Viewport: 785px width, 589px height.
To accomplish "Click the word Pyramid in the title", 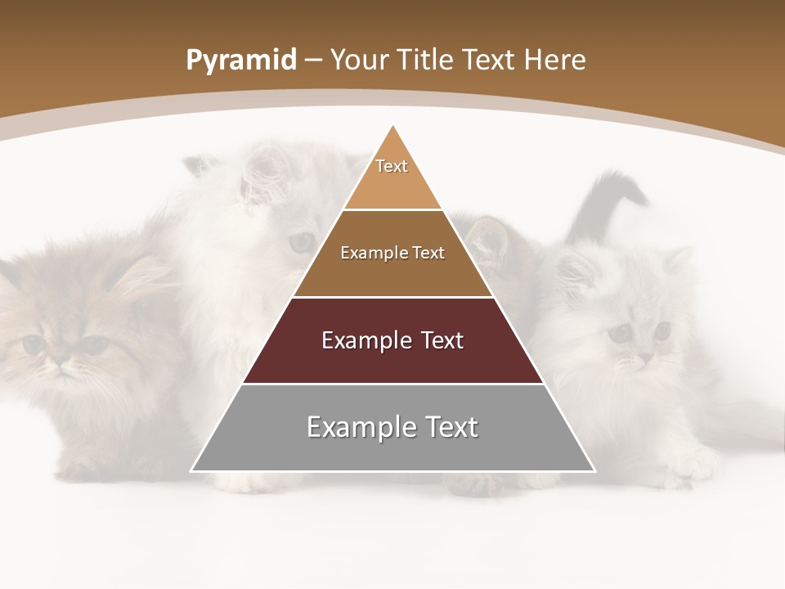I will (241, 61).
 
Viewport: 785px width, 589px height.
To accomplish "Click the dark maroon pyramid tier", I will (392, 360).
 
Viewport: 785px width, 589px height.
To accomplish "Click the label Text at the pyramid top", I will (392, 166).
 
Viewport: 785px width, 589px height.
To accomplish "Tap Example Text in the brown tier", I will (392, 253).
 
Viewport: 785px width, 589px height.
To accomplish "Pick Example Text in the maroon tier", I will (392, 340).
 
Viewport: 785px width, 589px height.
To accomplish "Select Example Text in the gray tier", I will (392, 427).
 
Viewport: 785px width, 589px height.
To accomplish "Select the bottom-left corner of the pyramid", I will (192, 470).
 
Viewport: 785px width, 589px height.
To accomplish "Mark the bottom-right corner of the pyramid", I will (594, 470).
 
